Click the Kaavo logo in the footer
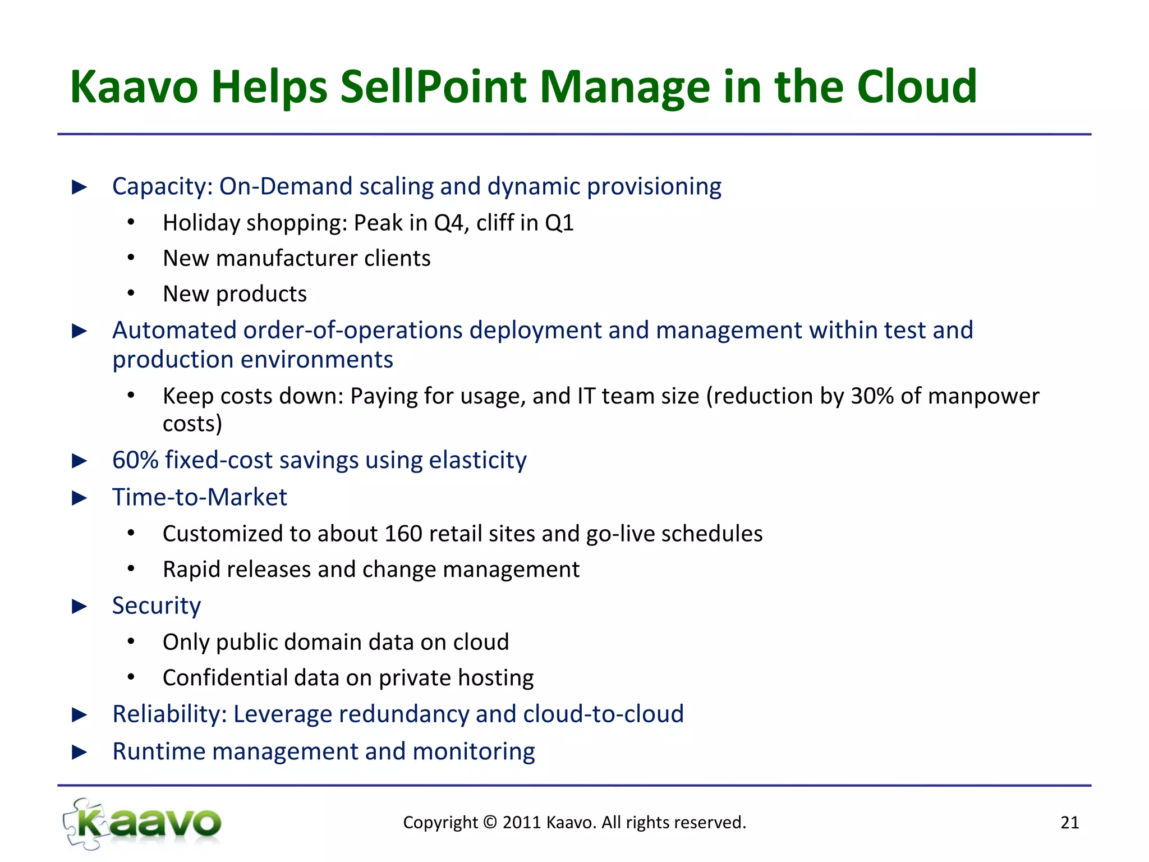(143, 823)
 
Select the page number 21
(1069, 823)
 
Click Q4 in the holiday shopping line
(448, 223)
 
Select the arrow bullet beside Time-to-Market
(80, 498)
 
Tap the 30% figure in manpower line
(872, 396)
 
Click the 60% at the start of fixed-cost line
(135, 460)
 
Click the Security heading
(156, 606)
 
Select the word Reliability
(169, 714)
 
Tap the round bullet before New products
(131, 294)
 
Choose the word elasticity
(477, 460)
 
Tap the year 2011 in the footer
(522, 823)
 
